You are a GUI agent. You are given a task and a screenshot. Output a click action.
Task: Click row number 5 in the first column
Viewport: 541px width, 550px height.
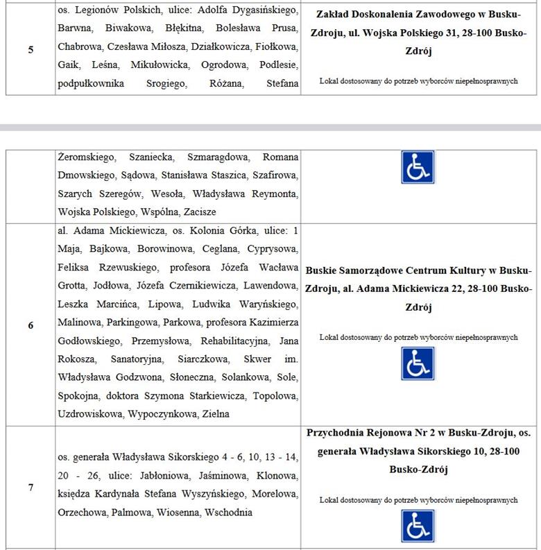31,49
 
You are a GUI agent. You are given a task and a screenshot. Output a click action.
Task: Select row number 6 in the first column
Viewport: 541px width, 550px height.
31,324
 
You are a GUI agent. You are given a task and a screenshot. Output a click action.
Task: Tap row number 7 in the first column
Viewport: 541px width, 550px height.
31,487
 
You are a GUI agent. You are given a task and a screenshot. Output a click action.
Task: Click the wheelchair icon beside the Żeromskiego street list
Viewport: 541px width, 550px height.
418,166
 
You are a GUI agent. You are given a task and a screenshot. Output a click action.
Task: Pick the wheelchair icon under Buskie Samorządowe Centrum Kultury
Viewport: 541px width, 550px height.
418,363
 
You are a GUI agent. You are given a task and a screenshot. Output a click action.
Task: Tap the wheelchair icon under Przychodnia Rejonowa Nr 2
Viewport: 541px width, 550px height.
418,526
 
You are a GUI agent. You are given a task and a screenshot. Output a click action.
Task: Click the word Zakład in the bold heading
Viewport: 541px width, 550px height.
334,14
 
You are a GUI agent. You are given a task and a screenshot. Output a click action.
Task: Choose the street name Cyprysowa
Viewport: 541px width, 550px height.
275,248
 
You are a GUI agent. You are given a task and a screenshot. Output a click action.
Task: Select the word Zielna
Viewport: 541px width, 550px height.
214,413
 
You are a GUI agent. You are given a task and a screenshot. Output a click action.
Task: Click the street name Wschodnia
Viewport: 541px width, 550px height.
229,513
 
